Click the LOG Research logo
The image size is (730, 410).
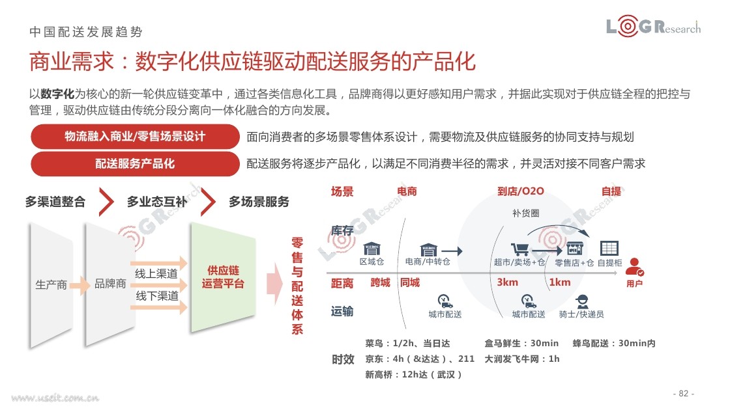pyautogui.click(x=653, y=27)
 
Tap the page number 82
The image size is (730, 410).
pyautogui.click(x=684, y=393)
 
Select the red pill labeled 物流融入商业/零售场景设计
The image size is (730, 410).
pyautogui.click(x=135, y=137)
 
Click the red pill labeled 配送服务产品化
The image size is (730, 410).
pyautogui.click(x=135, y=163)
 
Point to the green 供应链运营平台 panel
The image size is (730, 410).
pyautogui.click(x=223, y=277)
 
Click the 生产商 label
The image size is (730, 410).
pyautogui.click(x=51, y=284)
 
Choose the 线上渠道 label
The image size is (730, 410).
pyautogui.click(x=156, y=273)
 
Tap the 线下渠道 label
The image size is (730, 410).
pyautogui.click(x=157, y=295)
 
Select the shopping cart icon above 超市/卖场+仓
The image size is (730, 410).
pyautogui.click(x=519, y=249)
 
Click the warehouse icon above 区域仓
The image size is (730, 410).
pyautogui.click(x=372, y=249)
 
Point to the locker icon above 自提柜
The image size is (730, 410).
pyautogui.click(x=609, y=248)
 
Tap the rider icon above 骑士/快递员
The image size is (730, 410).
pyautogui.click(x=581, y=302)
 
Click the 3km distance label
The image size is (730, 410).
pyautogui.click(x=508, y=282)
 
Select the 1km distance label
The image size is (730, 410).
pyautogui.click(x=560, y=282)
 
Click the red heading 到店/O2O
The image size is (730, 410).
pyautogui.click(x=521, y=191)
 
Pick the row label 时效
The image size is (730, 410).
pyautogui.click(x=343, y=359)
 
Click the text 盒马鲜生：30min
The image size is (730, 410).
pyautogui.click(x=521, y=343)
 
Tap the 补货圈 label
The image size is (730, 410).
pyautogui.click(x=525, y=213)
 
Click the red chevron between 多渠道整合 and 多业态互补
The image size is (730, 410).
pyautogui.click(x=107, y=202)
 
